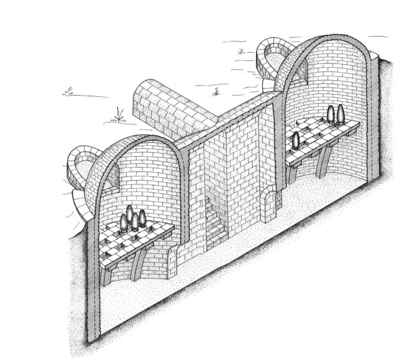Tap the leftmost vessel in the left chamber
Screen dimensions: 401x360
point(124,223)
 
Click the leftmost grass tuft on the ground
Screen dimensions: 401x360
point(68,91)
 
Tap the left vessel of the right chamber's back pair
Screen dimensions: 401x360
point(331,114)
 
